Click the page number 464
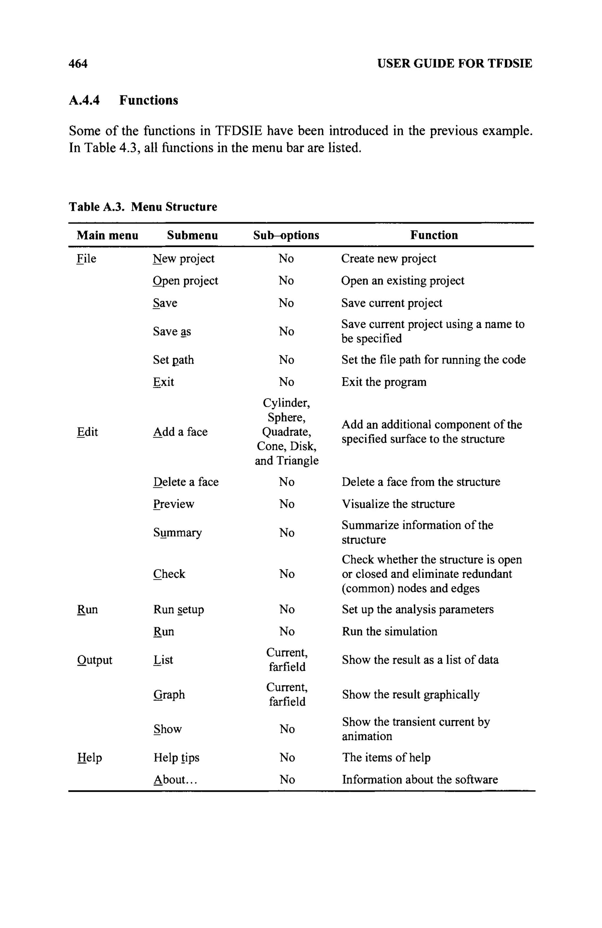click(x=78, y=63)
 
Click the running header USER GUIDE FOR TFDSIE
click(x=454, y=63)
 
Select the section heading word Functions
click(x=148, y=100)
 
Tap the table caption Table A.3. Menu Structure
click(x=143, y=207)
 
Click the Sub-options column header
click(x=286, y=235)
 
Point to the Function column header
click(x=434, y=235)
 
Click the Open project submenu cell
click(x=185, y=281)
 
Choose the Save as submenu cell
click(x=172, y=332)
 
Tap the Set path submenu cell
click(x=173, y=360)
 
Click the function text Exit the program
click(x=384, y=382)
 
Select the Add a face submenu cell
click(x=180, y=432)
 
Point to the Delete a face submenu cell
click(x=185, y=482)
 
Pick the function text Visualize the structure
click(x=398, y=504)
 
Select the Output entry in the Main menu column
click(x=95, y=660)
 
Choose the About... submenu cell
click(x=175, y=780)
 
